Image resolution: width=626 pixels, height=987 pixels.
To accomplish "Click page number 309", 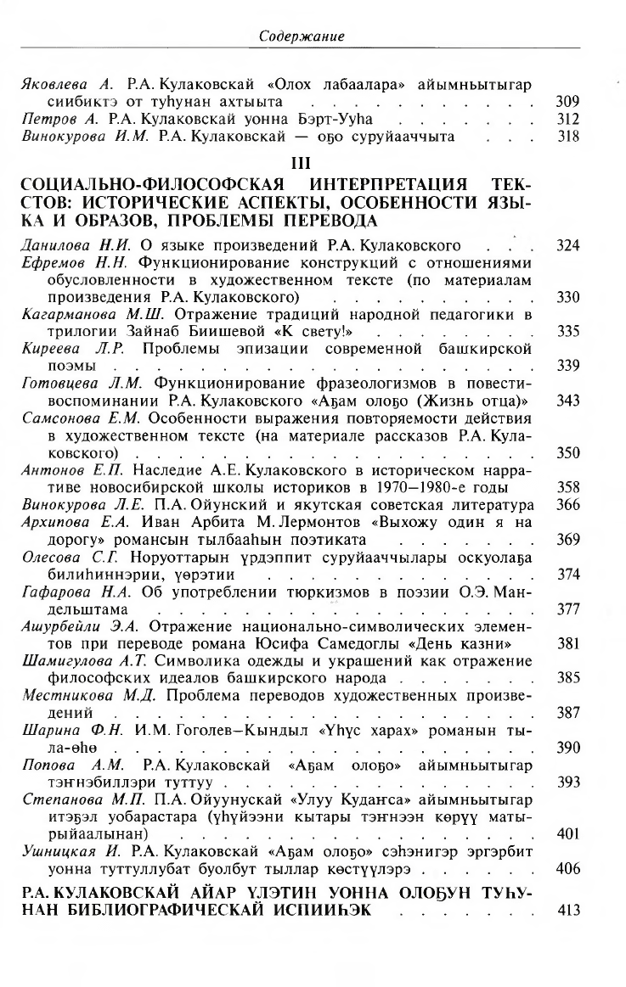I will pos(567,101).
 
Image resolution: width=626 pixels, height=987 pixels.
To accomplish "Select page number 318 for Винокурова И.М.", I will pos(567,135).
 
